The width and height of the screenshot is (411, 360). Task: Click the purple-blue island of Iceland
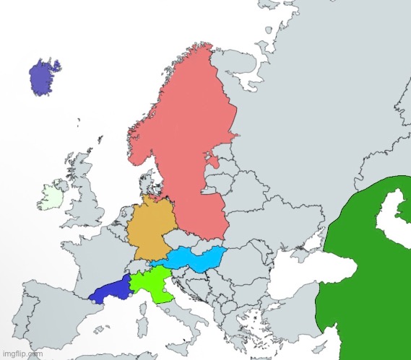pyautogui.click(x=46, y=77)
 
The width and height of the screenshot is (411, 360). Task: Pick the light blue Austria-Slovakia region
pyautogui.click(x=194, y=258)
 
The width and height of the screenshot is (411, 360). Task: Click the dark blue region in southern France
pyautogui.click(x=110, y=290)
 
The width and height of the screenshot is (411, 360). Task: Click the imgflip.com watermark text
pyautogui.click(x=22, y=354)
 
